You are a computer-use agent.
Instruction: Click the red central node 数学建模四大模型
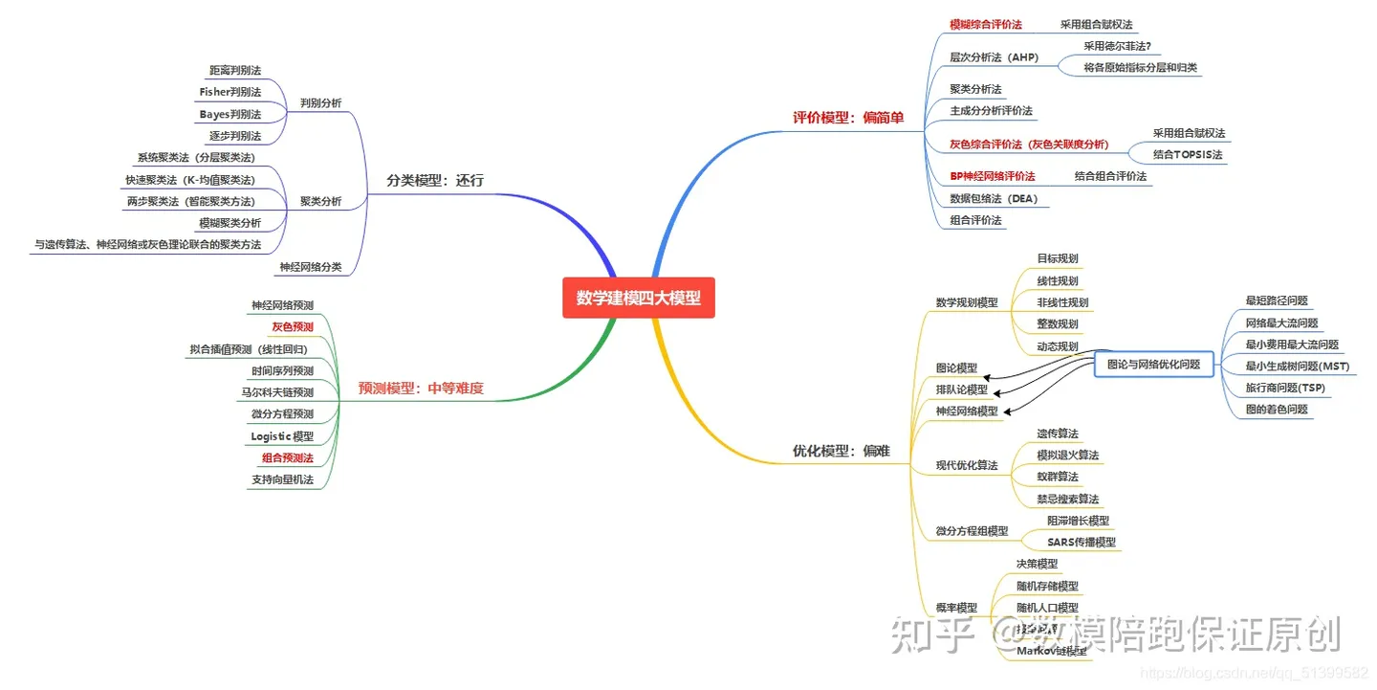pyautogui.click(x=638, y=298)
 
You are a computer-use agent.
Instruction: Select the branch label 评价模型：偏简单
pyautogui.click(x=847, y=118)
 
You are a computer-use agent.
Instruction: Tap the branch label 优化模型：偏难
pyautogui.click(x=841, y=450)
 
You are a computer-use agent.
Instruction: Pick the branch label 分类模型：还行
pyautogui.click(x=435, y=180)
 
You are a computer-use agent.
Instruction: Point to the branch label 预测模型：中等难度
pyautogui.click(x=421, y=389)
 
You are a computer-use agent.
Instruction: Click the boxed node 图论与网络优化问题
pyautogui.click(x=1153, y=364)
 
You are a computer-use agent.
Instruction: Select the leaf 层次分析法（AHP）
pyautogui.click(x=994, y=57)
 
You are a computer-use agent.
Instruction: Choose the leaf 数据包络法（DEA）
pyautogui.click(x=994, y=199)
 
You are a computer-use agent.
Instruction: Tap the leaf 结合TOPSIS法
pyautogui.click(x=1188, y=155)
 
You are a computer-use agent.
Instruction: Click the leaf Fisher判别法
pyautogui.click(x=229, y=92)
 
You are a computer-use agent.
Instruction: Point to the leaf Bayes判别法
pyautogui.click(x=229, y=114)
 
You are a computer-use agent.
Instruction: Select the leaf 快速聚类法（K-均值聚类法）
pyautogui.click(x=190, y=180)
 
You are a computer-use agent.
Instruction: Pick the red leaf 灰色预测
pyautogui.click(x=292, y=326)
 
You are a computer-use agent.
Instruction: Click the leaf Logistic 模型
pyautogui.click(x=282, y=436)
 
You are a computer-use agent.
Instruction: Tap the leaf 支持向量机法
pyautogui.click(x=282, y=479)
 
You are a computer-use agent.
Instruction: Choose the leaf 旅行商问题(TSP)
pyautogui.click(x=1285, y=388)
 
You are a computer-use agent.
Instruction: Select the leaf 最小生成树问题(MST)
pyautogui.click(x=1297, y=366)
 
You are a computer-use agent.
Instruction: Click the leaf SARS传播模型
pyautogui.click(x=1081, y=543)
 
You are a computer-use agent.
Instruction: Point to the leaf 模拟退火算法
pyautogui.click(x=1068, y=455)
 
